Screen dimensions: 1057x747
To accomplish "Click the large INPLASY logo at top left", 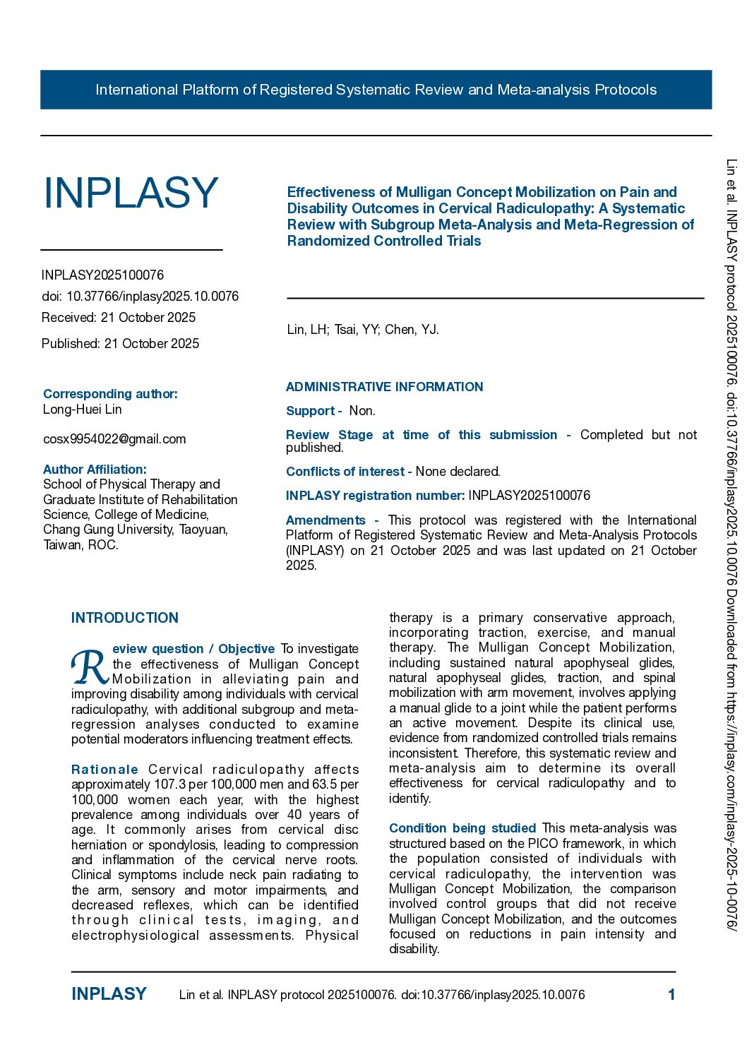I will pyautogui.click(x=131, y=193).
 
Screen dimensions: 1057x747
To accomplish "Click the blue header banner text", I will pyautogui.click(x=376, y=90).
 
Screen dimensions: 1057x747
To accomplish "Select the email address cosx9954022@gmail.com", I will pyautogui.click(x=114, y=439).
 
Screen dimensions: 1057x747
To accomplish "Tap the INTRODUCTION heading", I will pyautogui.click(x=125, y=618).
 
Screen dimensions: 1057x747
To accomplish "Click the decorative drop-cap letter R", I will pyautogui.click(x=90, y=667).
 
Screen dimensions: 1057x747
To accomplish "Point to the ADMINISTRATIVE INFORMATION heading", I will pyautogui.click(x=384, y=387).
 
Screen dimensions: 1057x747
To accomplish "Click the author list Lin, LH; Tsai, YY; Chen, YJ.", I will pyautogui.click(x=363, y=330).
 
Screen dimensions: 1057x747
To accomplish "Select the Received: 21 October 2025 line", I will pyautogui.click(x=119, y=318).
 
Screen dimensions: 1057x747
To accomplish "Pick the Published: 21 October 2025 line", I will pyautogui.click(x=120, y=344).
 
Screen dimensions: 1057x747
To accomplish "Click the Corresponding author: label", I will pyautogui.click(x=110, y=394).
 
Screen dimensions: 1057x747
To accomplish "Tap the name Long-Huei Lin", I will pyautogui.click(x=83, y=410).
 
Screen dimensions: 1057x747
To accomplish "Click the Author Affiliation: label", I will pyautogui.click(x=95, y=470).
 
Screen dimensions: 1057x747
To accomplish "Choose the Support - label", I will pyautogui.click(x=313, y=411).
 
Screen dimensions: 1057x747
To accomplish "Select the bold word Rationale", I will pyautogui.click(x=104, y=770).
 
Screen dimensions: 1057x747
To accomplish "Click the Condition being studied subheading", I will pyautogui.click(x=462, y=828).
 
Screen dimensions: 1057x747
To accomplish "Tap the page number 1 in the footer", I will pyautogui.click(x=671, y=995).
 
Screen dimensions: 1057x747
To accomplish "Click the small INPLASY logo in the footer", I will pyautogui.click(x=109, y=994).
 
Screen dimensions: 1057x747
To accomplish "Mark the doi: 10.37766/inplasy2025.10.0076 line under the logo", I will pyautogui.click(x=140, y=297).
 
